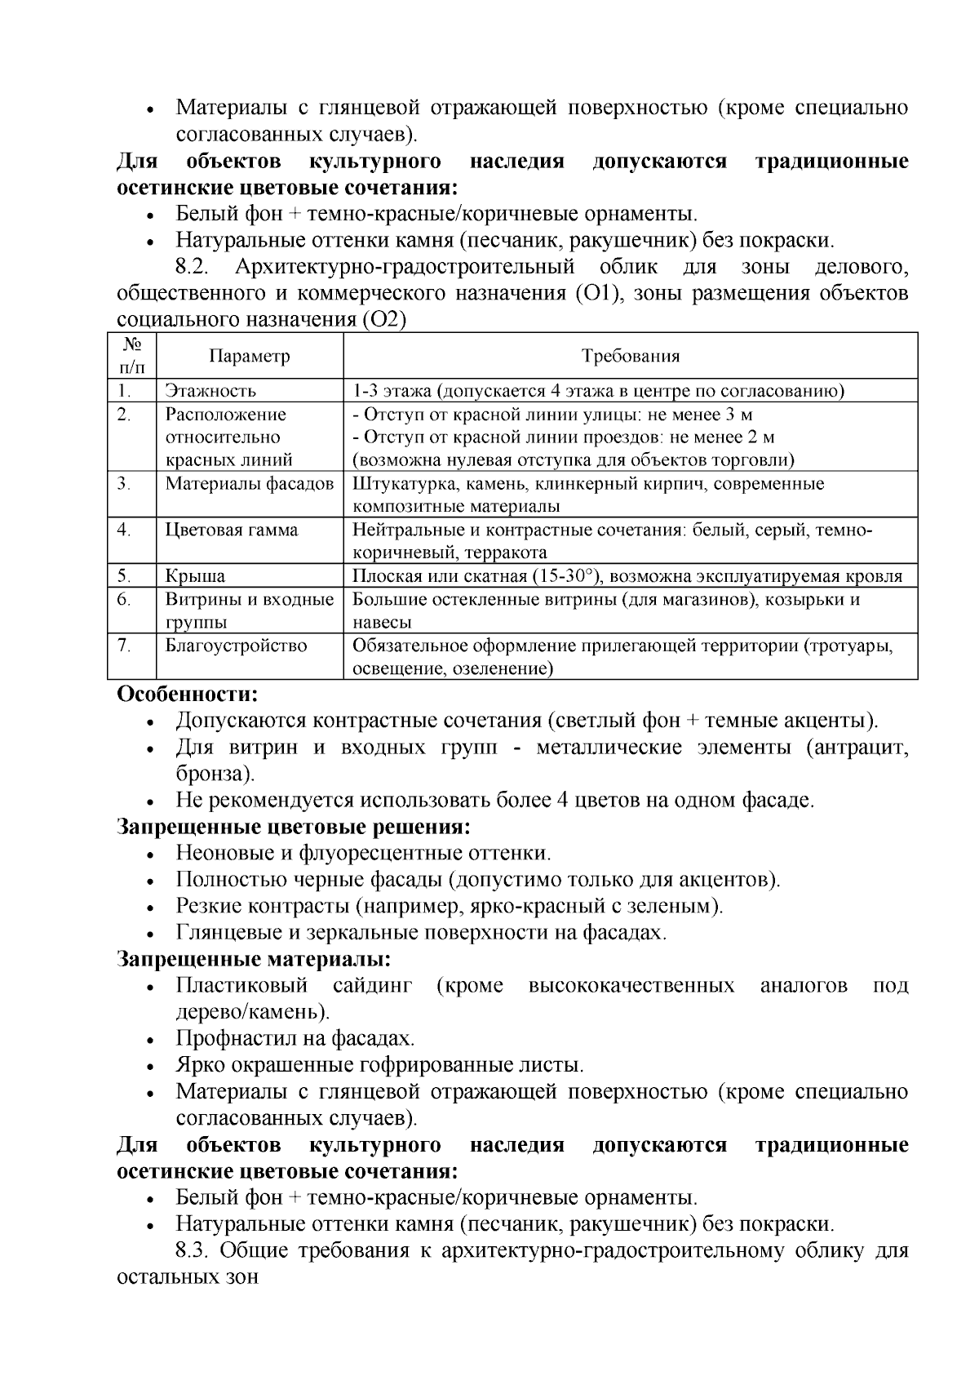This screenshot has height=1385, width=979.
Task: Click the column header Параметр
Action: (249, 356)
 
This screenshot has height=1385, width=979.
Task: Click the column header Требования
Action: (630, 356)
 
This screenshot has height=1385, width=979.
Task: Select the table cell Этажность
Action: (210, 391)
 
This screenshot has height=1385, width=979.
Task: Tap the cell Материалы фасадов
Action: (249, 483)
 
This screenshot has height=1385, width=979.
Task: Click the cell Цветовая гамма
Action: (232, 530)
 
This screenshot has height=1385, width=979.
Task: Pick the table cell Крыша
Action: (195, 576)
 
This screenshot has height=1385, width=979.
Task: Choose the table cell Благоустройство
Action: (236, 646)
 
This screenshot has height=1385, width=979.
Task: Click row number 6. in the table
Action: (124, 600)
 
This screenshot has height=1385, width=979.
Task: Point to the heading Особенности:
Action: (188, 695)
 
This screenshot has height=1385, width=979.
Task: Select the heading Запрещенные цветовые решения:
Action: (294, 827)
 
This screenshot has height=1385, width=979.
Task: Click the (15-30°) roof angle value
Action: (566, 576)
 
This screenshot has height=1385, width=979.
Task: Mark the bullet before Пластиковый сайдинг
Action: (150, 988)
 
